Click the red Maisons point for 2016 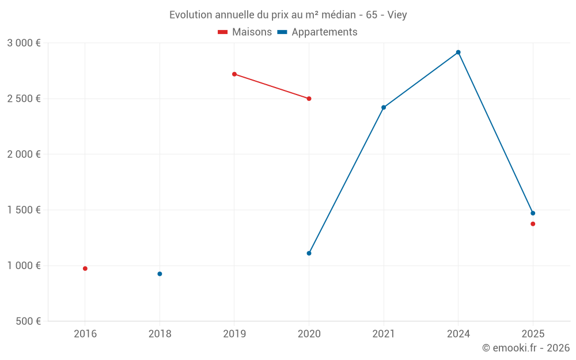click(85, 268)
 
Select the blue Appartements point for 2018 click(160, 274)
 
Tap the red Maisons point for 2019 click(234, 74)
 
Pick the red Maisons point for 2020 click(309, 98)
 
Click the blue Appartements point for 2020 click(309, 253)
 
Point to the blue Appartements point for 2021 click(384, 107)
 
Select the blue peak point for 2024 click(458, 52)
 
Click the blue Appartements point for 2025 click(533, 213)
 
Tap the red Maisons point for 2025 click(533, 224)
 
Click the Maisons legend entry click(245, 32)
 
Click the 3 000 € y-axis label click(24, 43)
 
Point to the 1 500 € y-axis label click(24, 210)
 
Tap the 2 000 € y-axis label click(24, 154)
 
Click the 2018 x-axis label click(160, 334)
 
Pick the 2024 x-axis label click(458, 334)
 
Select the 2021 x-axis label click(384, 334)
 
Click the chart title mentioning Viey click(288, 15)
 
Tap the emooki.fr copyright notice click(526, 348)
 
